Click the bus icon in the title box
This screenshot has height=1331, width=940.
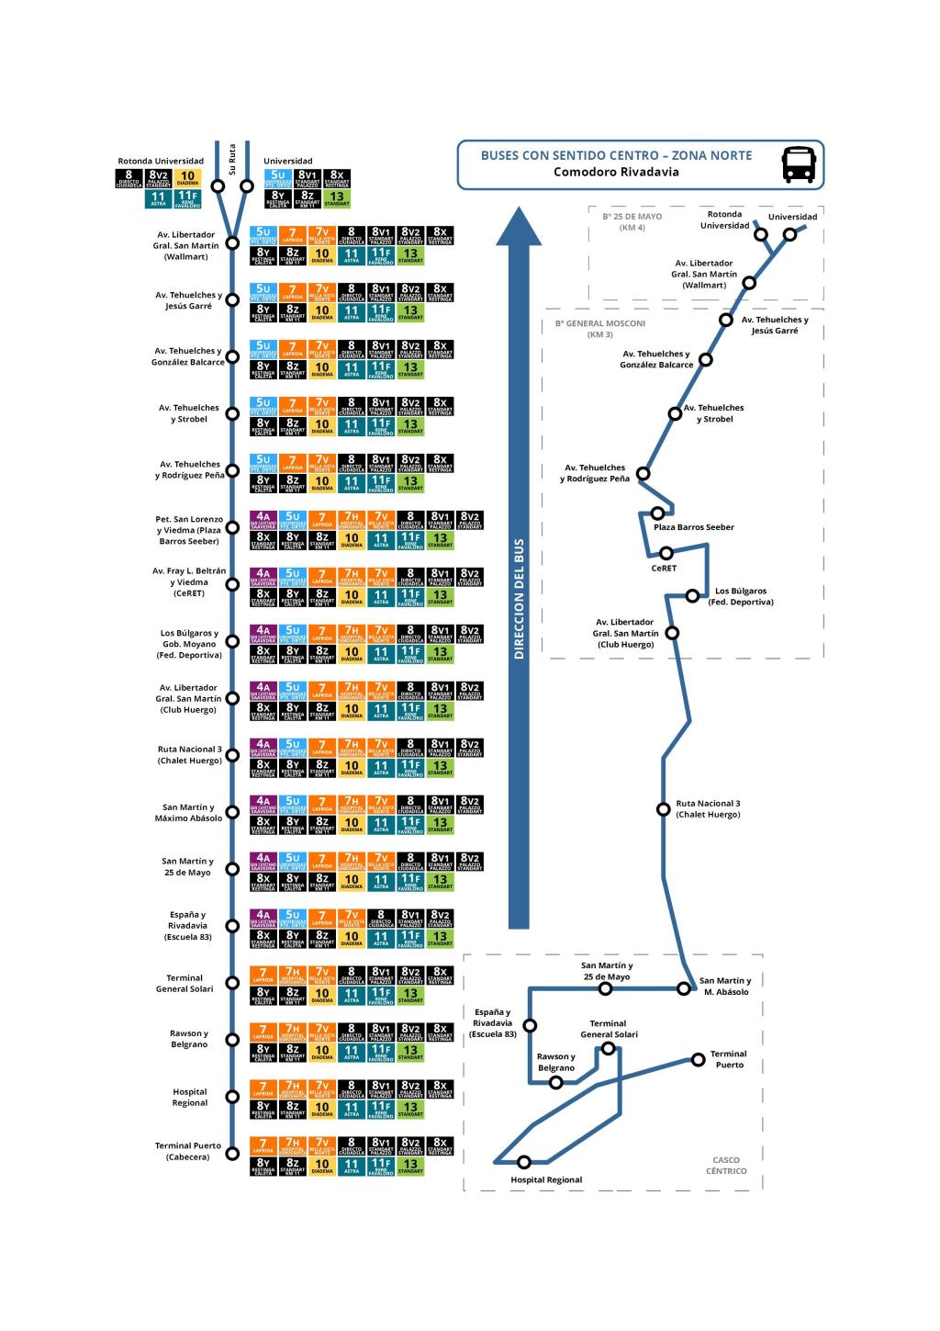(x=799, y=164)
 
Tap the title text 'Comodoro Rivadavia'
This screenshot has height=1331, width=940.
(x=616, y=172)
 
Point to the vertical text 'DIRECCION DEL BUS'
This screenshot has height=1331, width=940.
(x=519, y=599)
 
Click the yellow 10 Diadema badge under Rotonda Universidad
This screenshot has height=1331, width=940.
(x=187, y=177)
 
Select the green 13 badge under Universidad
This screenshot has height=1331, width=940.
(x=337, y=198)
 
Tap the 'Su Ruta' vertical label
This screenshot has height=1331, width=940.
(x=232, y=159)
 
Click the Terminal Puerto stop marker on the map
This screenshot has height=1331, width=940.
(x=699, y=1060)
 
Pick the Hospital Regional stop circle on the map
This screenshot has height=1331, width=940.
(x=524, y=1162)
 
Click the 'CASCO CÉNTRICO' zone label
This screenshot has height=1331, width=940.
(x=726, y=1166)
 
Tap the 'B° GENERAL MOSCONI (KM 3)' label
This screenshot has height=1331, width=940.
(x=600, y=329)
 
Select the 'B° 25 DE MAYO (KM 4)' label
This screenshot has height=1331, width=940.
(x=632, y=222)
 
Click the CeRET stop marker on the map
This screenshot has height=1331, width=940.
(x=666, y=553)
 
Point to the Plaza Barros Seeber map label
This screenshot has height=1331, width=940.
(x=693, y=527)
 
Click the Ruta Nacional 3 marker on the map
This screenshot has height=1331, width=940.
(x=664, y=809)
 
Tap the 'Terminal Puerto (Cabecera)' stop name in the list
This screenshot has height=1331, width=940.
(x=187, y=1151)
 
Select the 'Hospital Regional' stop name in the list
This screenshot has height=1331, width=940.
(x=190, y=1097)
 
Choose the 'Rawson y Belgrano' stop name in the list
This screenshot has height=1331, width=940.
(x=189, y=1039)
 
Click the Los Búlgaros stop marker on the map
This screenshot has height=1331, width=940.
(x=692, y=596)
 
